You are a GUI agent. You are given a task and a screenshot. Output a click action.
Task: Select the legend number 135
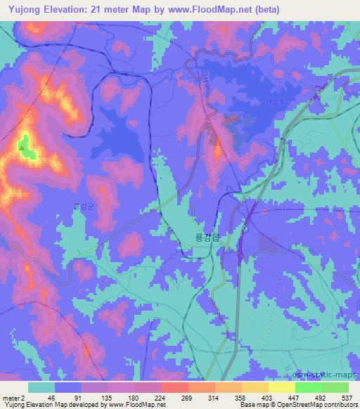point(95,397)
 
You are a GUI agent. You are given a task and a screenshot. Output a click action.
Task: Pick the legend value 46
point(41,397)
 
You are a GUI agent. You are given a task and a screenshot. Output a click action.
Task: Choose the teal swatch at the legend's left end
point(41,387)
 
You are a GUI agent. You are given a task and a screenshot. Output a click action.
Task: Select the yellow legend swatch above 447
point(281,387)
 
